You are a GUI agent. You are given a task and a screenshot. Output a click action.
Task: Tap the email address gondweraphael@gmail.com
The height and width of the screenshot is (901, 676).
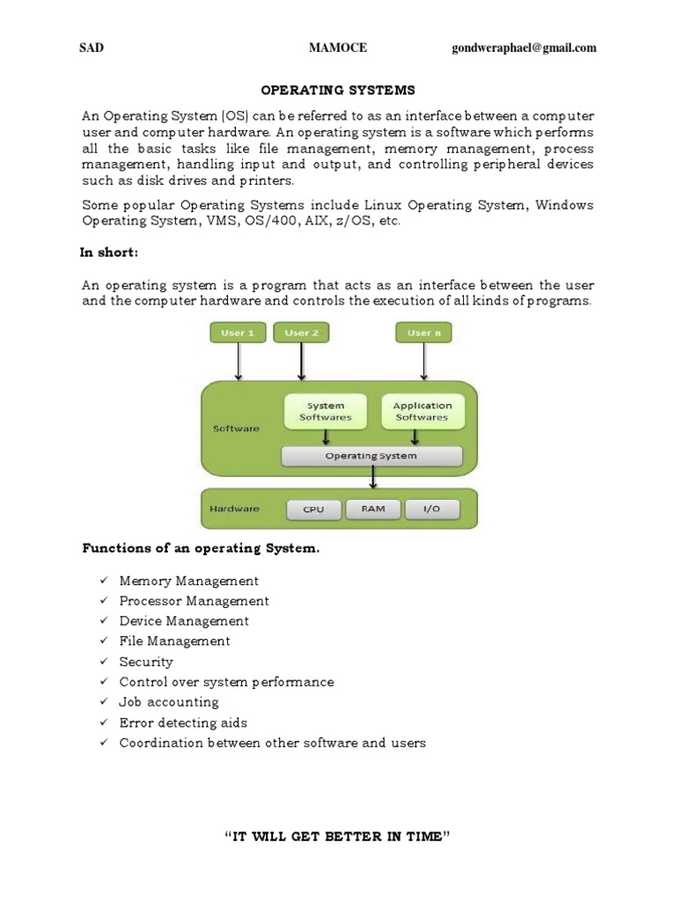pos(524,48)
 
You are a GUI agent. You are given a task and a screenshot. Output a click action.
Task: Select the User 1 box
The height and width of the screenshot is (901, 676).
pos(238,333)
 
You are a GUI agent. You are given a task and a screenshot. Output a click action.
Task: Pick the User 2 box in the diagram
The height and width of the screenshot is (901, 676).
pos(302,333)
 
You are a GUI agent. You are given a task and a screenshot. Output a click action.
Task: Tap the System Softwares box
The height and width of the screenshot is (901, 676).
pos(326,411)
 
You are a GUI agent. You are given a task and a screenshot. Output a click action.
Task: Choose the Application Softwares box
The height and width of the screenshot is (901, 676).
pos(422,411)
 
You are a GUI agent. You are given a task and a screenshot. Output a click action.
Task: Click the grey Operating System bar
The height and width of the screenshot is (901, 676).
pos(371,456)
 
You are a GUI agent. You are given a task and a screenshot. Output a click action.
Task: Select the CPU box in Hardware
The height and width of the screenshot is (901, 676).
pos(313,509)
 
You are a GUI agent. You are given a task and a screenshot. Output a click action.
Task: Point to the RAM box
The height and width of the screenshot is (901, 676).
pos(372,509)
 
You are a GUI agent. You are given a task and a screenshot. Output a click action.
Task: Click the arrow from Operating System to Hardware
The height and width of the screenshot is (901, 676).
pos(374,477)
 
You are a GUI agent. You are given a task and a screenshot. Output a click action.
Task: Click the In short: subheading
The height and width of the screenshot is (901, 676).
pos(110,253)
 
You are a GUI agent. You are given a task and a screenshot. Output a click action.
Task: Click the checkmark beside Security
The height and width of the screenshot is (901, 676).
pos(103,662)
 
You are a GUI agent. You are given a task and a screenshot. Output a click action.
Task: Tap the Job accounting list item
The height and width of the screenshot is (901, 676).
pos(169,702)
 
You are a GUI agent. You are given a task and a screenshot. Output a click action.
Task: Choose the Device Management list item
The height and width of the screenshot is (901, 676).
pos(184,621)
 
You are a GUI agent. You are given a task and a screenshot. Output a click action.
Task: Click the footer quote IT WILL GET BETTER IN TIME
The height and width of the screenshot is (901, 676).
pos(338,835)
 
